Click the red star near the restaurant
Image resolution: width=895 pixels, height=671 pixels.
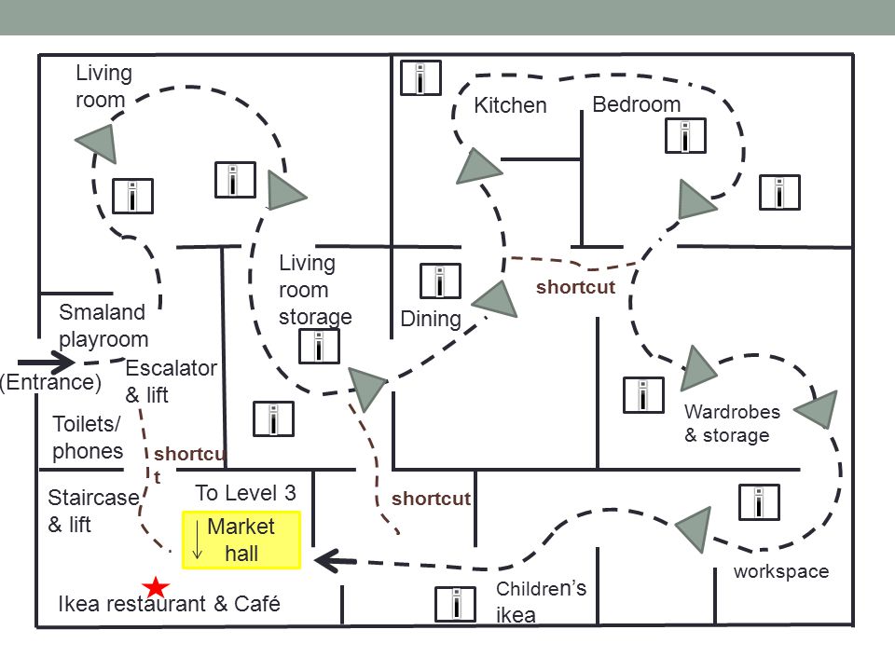pos(156,587)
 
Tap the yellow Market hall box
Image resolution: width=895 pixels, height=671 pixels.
pos(241,540)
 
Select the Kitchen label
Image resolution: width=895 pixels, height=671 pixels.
pos(510,105)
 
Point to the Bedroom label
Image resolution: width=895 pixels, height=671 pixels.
pos(637,104)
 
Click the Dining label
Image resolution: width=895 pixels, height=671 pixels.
pos(431,320)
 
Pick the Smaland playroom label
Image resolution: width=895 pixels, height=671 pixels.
pos(103,326)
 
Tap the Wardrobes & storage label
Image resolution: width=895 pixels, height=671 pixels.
pos(732,423)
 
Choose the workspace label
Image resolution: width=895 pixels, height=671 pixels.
pos(781,571)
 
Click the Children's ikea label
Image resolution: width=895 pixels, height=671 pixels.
pos(541,602)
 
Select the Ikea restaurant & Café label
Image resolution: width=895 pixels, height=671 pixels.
pos(170,604)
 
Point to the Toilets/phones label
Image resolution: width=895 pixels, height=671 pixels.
pos(88,438)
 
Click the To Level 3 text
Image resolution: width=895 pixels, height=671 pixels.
pos(245,493)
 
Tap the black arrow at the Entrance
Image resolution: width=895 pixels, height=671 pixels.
pos(47,363)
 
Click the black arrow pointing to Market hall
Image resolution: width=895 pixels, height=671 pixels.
pos(336,560)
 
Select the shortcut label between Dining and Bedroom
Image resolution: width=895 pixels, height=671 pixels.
pos(575,287)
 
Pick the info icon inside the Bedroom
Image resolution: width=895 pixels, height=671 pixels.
pos(685,136)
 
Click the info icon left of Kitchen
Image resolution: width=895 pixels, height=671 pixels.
pos(420,77)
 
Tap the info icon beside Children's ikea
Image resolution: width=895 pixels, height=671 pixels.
pos(456,604)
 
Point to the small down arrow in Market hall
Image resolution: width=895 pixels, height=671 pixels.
pos(198,540)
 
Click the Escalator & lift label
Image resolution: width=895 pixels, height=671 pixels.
pos(171,381)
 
